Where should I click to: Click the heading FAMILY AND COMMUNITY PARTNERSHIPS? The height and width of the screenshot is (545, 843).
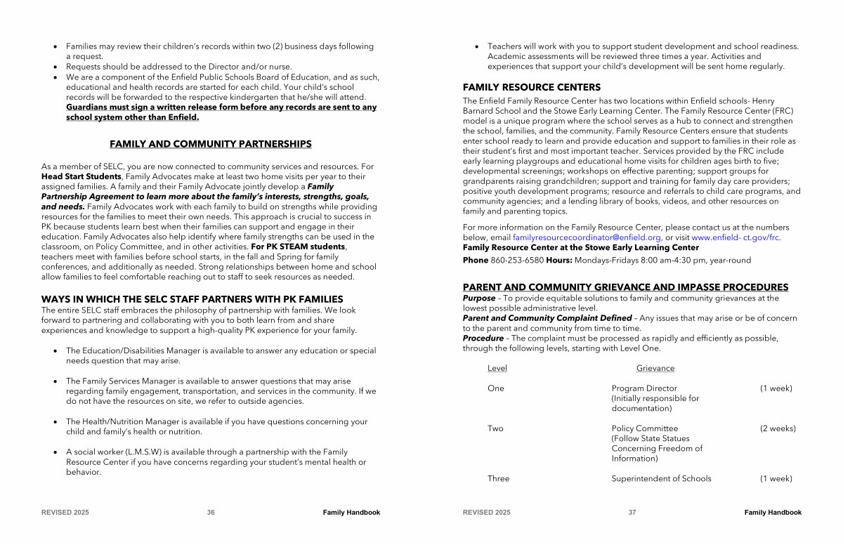click(211, 144)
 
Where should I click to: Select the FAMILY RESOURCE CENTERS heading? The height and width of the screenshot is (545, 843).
click(531, 87)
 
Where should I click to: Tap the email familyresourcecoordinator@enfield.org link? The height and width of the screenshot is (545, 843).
click(587, 237)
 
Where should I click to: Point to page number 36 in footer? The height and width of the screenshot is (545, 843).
click(211, 513)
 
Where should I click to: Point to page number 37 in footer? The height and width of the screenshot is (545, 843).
click(632, 513)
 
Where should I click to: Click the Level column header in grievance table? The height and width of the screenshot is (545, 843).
click(497, 368)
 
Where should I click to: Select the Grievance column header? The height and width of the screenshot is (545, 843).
click(655, 368)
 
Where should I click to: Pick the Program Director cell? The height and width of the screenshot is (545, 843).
click(644, 388)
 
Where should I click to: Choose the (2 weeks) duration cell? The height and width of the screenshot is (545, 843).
click(778, 428)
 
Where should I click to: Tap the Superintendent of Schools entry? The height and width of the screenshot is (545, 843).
click(661, 478)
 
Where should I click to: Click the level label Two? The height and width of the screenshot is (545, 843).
click(495, 428)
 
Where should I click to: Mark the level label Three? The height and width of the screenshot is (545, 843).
click(498, 478)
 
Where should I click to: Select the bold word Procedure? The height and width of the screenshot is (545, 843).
click(483, 338)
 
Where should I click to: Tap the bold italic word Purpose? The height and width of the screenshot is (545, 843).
click(479, 298)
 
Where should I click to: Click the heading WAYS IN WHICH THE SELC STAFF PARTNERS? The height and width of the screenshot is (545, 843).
click(192, 299)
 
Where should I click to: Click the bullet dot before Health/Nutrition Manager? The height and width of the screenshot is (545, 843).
click(55, 422)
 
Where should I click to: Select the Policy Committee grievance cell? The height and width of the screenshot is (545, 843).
click(645, 428)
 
